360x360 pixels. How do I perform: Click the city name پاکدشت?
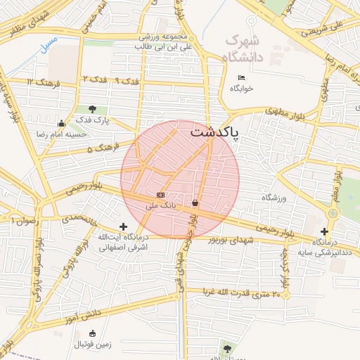(214, 131)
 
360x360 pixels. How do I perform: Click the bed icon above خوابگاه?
(241, 77)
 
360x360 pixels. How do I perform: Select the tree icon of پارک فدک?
(93, 109)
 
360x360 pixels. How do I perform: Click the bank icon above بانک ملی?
(161, 195)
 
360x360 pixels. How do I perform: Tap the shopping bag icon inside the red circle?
(194, 203)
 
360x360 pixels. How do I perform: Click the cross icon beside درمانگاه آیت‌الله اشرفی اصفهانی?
(124, 226)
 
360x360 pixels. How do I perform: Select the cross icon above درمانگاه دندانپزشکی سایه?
(324, 231)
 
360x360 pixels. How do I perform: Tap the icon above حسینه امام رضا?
(62, 124)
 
